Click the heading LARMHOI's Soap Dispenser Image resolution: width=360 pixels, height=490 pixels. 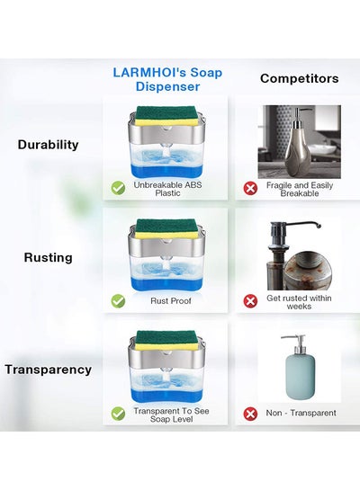click(x=167, y=79)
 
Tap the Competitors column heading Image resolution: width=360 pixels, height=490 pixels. click(x=300, y=78)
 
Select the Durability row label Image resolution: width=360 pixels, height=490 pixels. click(x=48, y=145)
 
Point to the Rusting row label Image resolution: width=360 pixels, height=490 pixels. click(x=49, y=257)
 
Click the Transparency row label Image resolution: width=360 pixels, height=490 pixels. click(x=49, y=370)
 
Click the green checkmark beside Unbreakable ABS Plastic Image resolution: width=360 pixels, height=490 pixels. click(x=118, y=188)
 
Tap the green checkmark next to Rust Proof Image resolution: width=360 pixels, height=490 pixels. click(x=118, y=301)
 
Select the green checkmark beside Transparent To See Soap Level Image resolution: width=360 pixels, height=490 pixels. click(x=118, y=414)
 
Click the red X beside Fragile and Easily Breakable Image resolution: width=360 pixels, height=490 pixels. click(x=250, y=189)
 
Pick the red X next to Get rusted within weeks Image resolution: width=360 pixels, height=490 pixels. click(x=250, y=301)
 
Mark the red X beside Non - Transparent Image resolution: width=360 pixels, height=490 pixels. click(x=250, y=414)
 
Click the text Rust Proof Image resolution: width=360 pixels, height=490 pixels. click(x=171, y=301)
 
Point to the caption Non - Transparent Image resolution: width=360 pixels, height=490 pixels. click(x=301, y=413)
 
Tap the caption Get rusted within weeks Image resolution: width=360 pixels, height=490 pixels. click(x=299, y=302)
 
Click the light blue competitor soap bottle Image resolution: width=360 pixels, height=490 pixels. click(x=301, y=369)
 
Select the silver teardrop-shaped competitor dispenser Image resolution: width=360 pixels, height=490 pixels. click(x=299, y=143)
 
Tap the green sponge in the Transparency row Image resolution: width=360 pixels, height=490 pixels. click(x=167, y=337)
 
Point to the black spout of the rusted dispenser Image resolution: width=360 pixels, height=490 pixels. click(x=297, y=225)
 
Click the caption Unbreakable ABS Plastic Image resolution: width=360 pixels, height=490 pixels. click(x=167, y=189)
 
